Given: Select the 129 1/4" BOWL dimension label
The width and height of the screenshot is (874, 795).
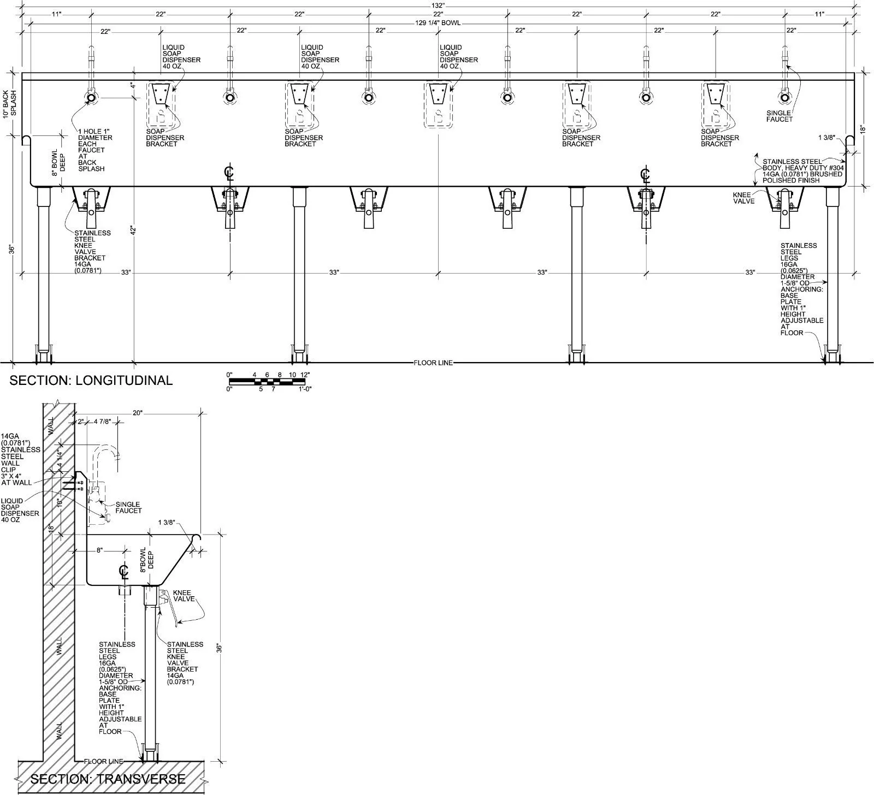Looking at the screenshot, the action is click(438, 22).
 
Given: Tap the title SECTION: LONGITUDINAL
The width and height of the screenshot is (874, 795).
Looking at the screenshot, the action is click(91, 380).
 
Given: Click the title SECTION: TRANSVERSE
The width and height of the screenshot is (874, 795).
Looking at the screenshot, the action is click(108, 779).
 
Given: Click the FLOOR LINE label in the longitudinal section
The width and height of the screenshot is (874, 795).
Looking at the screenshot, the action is click(433, 363).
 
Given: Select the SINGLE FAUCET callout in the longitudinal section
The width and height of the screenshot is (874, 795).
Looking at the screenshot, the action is click(779, 116).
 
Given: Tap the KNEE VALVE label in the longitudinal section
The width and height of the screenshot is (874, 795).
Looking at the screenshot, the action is click(744, 198).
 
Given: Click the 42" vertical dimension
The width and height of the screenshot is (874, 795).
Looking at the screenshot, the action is click(132, 230).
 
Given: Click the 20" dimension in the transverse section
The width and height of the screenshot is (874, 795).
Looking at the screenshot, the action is click(137, 413).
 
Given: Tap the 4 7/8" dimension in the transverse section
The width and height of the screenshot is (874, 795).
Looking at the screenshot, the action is click(102, 422).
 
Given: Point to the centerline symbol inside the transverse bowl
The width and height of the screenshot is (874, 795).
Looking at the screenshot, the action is click(123, 572).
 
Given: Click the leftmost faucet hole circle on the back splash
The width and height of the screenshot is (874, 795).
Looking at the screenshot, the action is click(91, 98).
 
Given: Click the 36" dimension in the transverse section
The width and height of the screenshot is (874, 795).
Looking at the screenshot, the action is click(218, 648).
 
